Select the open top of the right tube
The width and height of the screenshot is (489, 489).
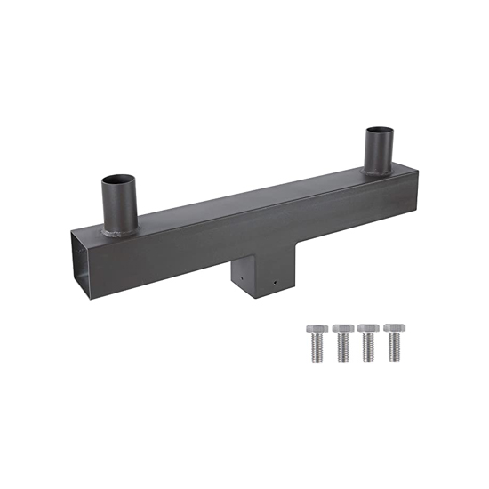pos(379,132)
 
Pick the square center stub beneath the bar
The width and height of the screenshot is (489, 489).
pos(258,277)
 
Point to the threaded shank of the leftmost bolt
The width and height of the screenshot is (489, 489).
pos(316,349)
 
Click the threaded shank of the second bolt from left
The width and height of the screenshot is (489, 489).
pos(342,349)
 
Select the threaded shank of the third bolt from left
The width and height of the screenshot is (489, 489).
pos(367,349)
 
